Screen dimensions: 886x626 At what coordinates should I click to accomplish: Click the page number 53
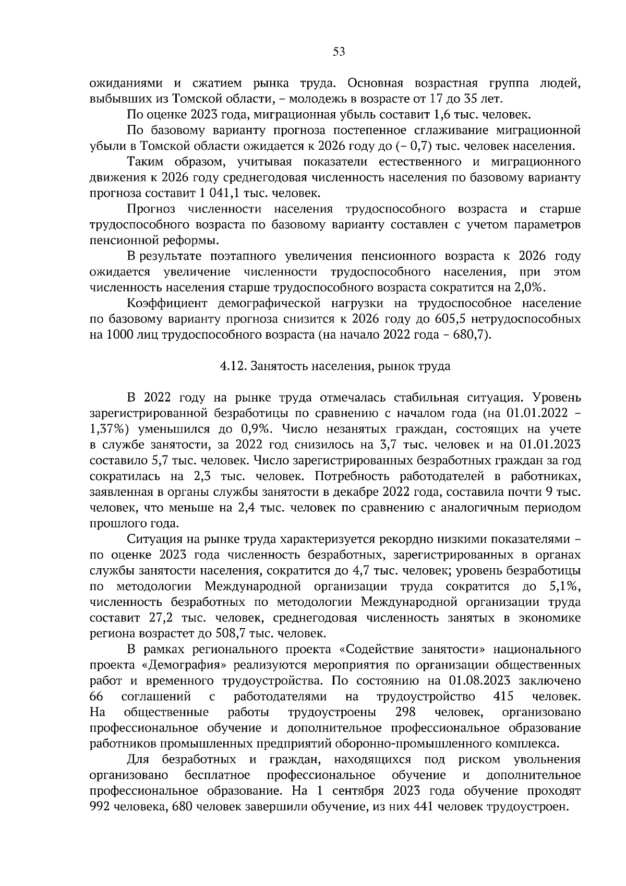click(x=339, y=52)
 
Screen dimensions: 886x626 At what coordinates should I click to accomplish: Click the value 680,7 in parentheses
click(x=471, y=334)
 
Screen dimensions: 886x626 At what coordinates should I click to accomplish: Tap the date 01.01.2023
click(x=551, y=445)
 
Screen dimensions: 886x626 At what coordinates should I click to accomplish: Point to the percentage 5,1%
click(x=565, y=586)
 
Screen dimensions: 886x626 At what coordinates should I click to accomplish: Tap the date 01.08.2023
click(x=478, y=681)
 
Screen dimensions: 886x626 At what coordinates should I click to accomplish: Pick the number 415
click(x=503, y=697)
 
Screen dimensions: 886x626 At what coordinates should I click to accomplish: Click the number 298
click(x=405, y=712)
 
